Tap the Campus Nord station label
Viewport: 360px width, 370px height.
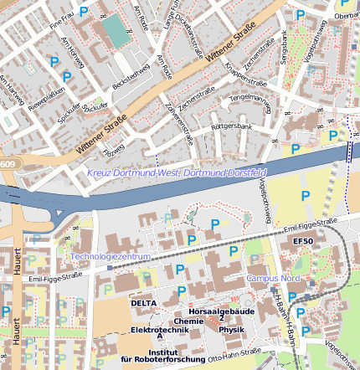pyautogui.click(x=272, y=278)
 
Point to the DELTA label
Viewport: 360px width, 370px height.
pyautogui.click(x=144, y=301)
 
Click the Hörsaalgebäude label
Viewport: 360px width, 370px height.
pyautogui.click(x=221, y=311)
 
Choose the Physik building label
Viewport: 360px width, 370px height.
pyautogui.click(x=231, y=329)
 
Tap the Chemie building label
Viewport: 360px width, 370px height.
pyautogui.click(x=188, y=321)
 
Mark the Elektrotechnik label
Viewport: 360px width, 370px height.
pyautogui.click(x=158, y=331)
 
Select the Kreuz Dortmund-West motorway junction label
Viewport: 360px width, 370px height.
pyautogui.click(x=176, y=172)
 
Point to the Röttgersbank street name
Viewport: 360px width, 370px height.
pyautogui.click(x=232, y=126)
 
